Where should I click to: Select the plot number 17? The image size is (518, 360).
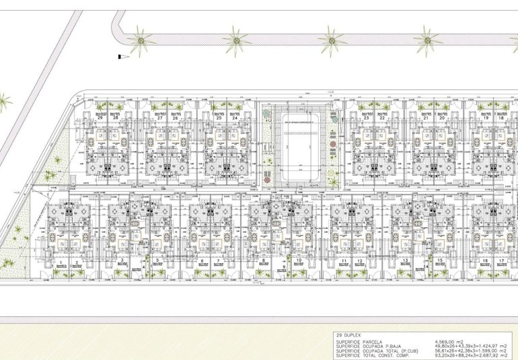(502, 260)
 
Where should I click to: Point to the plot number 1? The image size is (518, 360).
(61, 261)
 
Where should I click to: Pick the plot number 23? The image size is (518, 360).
(367, 118)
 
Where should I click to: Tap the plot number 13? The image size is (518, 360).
(406, 260)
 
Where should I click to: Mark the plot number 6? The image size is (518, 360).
(202, 260)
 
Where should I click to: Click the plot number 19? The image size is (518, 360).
(485, 118)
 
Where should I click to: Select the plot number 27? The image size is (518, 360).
(160, 118)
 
